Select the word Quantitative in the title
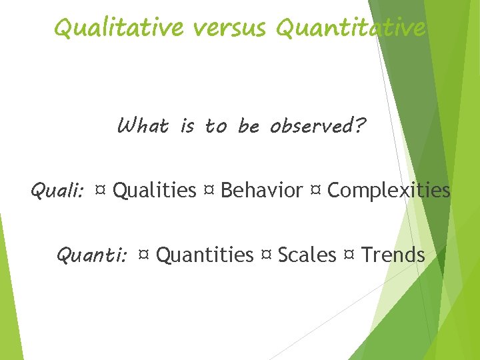tap(351, 28)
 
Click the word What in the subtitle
tap(143, 125)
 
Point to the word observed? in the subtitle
tap(317, 125)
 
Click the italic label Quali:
tap(57, 191)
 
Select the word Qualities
tap(155, 191)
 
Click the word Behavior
tap(261, 191)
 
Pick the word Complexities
tap(389, 191)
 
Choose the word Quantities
tap(205, 255)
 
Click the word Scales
tap(307, 255)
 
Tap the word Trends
tap(393, 255)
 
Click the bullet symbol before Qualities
tap(101, 191)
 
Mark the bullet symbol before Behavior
tap(208, 191)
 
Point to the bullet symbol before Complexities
tap(315, 191)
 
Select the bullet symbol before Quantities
tap(143, 255)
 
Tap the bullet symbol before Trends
tap(349, 255)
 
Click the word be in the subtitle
tap(248, 125)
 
